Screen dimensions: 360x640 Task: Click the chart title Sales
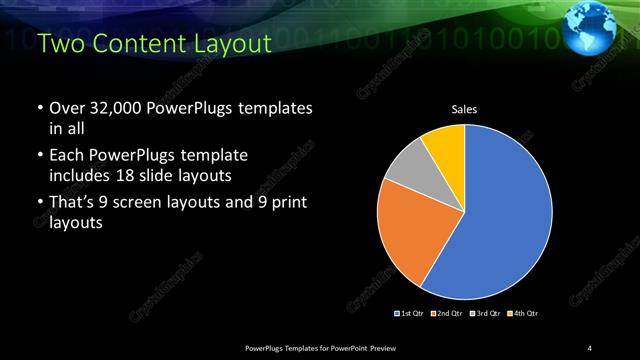coord(464,109)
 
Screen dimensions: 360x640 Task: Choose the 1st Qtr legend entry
coord(409,314)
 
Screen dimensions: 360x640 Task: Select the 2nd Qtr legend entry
coord(444,314)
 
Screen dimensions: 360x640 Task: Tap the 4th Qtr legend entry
coord(524,314)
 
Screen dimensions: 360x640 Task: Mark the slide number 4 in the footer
coord(590,347)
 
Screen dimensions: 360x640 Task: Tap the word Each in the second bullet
coord(65,156)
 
